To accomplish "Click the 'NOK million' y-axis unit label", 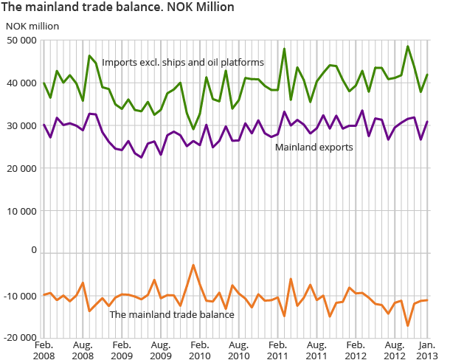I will (x=32, y=26).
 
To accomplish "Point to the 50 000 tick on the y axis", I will (x=21, y=40).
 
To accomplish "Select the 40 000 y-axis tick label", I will (x=21, y=83).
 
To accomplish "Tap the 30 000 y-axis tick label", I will (x=21, y=125).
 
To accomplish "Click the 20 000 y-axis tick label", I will (x=21, y=167).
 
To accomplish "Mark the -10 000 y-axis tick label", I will (x=20, y=295).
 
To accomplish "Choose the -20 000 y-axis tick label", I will (x=20, y=337).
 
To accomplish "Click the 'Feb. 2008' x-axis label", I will (x=44, y=350).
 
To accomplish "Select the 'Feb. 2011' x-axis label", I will (x=277, y=350).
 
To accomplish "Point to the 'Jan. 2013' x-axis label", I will (x=426, y=350).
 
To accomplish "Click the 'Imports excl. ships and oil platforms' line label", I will (x=182, y=62).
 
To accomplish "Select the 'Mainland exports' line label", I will (x=314, y=148).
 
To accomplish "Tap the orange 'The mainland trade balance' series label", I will (x=171, y=315).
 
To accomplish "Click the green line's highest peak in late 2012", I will (x=407, y=46).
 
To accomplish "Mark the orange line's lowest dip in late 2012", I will (x=407, y=325).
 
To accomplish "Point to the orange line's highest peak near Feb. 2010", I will (x=193, y=265).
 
